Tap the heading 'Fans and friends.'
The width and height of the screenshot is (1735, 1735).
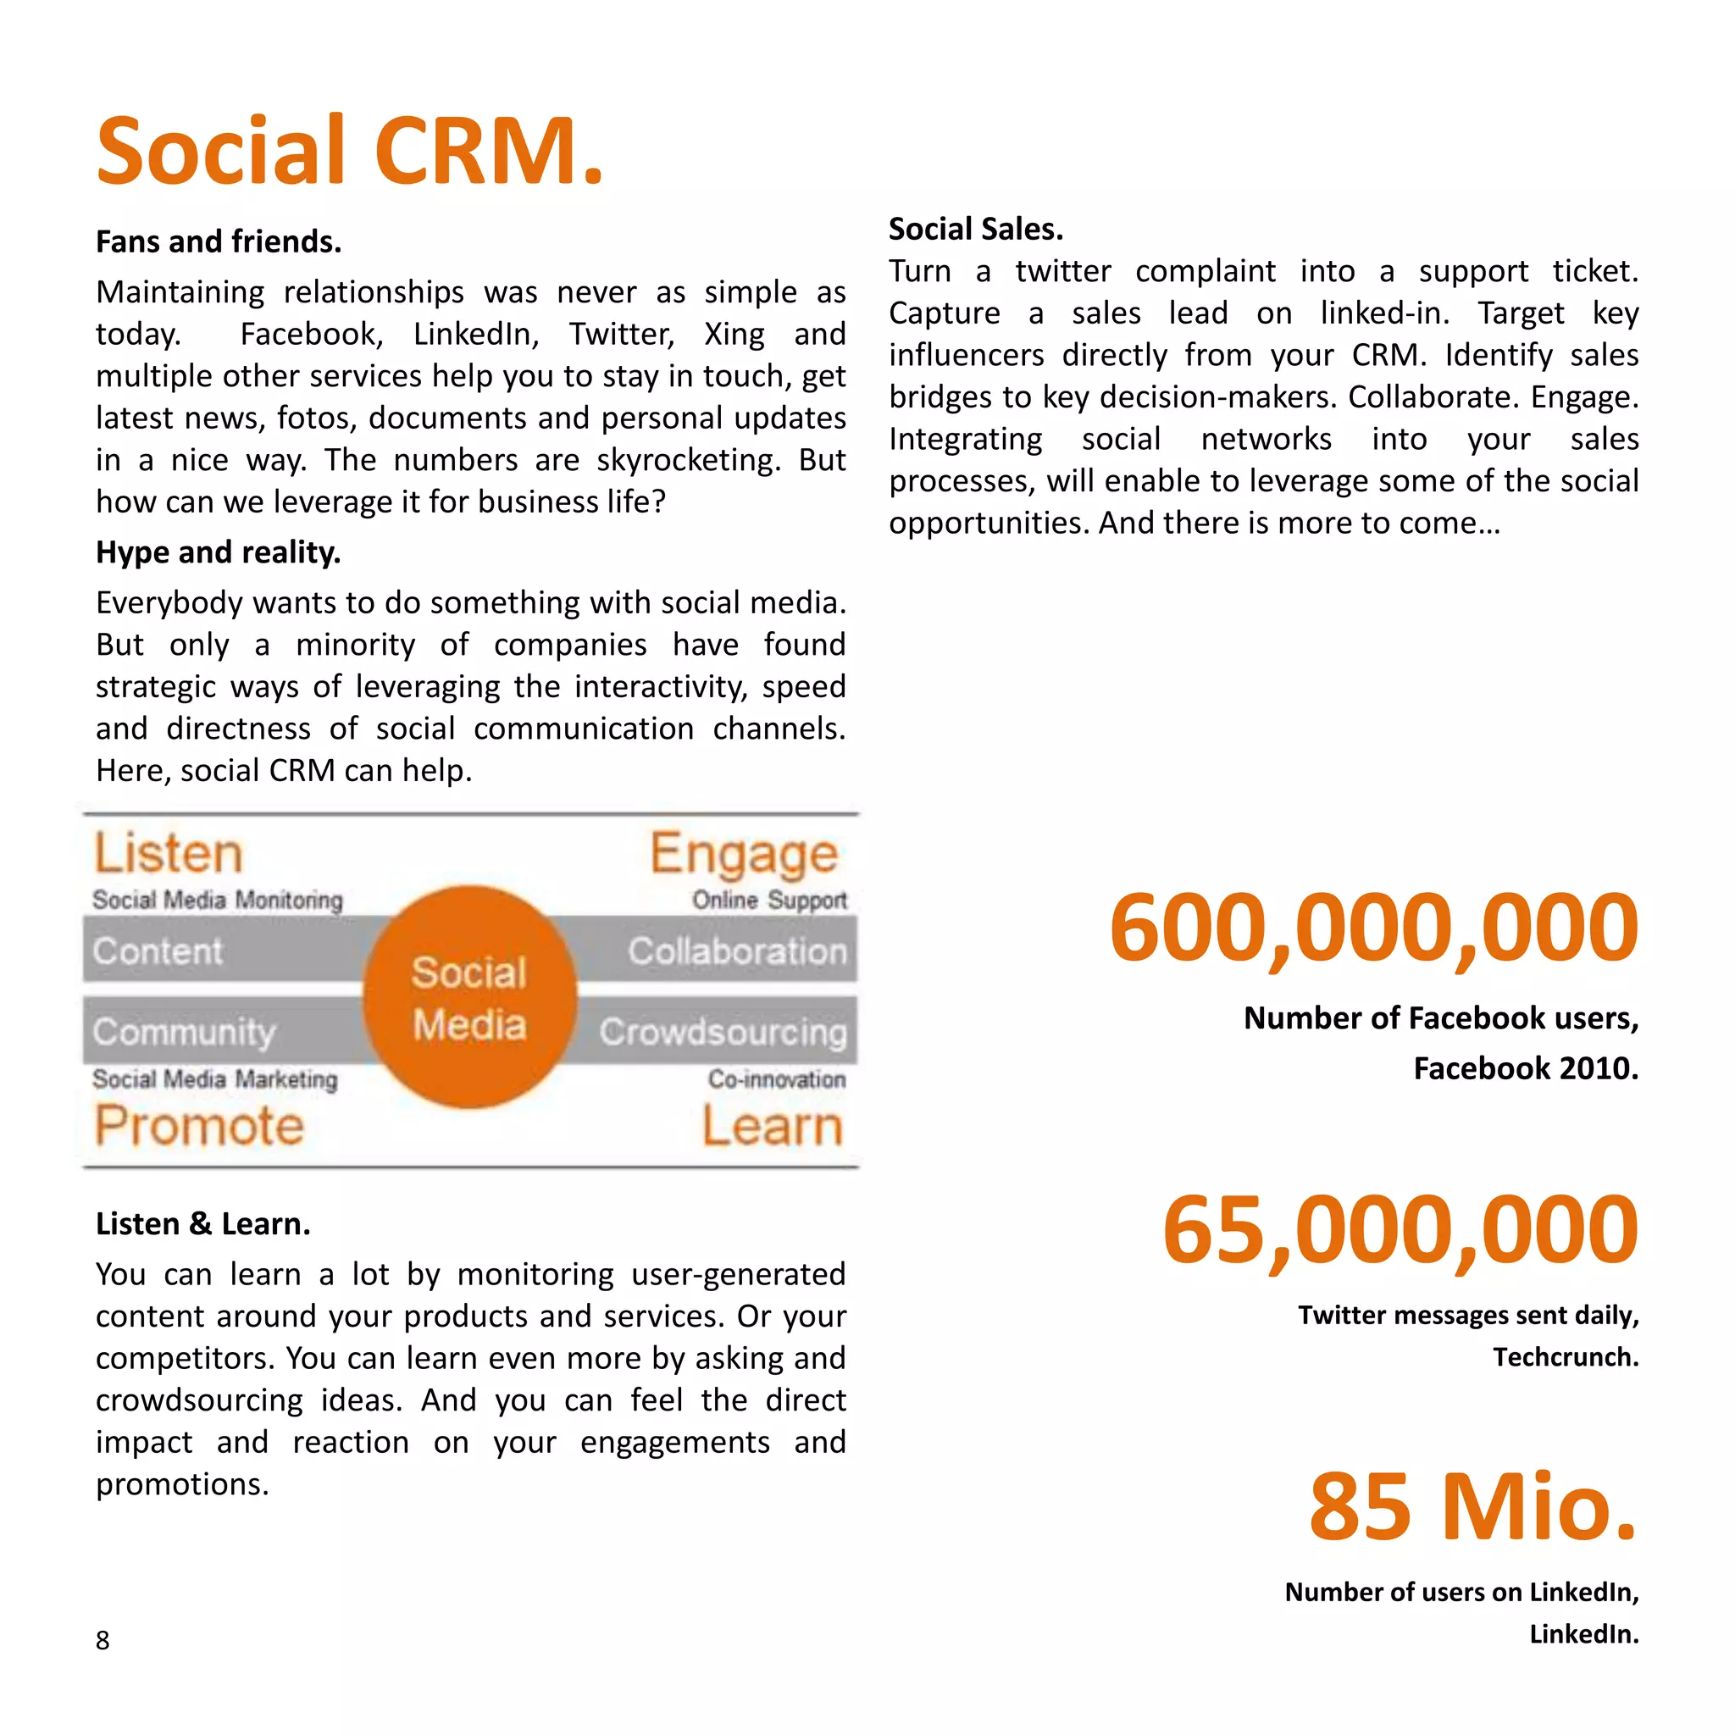tap(219, 241)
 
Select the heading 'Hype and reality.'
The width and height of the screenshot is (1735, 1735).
tap(219, 552)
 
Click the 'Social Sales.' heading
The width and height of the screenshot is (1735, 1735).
tap(975, 229)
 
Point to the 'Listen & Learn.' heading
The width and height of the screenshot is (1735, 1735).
tap(203, 1223)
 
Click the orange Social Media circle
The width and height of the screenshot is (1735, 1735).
tap(468, 997)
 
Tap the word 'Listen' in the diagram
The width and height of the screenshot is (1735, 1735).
tap(169, 852)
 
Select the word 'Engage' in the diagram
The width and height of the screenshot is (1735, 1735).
tap(744, 854)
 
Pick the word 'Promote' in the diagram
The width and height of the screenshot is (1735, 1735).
tap(199, 1125)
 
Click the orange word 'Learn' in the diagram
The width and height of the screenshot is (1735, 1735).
tap(773, 1125)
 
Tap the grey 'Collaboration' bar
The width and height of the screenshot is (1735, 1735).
tap(736, 951)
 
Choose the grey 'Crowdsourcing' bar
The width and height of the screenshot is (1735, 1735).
tap(723, 1031)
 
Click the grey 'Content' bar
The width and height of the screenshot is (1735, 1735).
tap(158, 951)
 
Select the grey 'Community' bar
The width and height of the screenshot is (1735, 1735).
tap(184, 1031)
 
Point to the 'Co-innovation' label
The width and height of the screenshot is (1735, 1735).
tap(776, 1078)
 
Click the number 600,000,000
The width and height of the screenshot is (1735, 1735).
tap(1373, 927)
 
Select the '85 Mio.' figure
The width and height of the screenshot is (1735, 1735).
tap(1472, 1506)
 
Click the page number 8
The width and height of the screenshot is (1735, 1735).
tap(103, 1640)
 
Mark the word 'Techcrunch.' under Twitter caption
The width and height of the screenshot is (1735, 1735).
tap(1566, 1357)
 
